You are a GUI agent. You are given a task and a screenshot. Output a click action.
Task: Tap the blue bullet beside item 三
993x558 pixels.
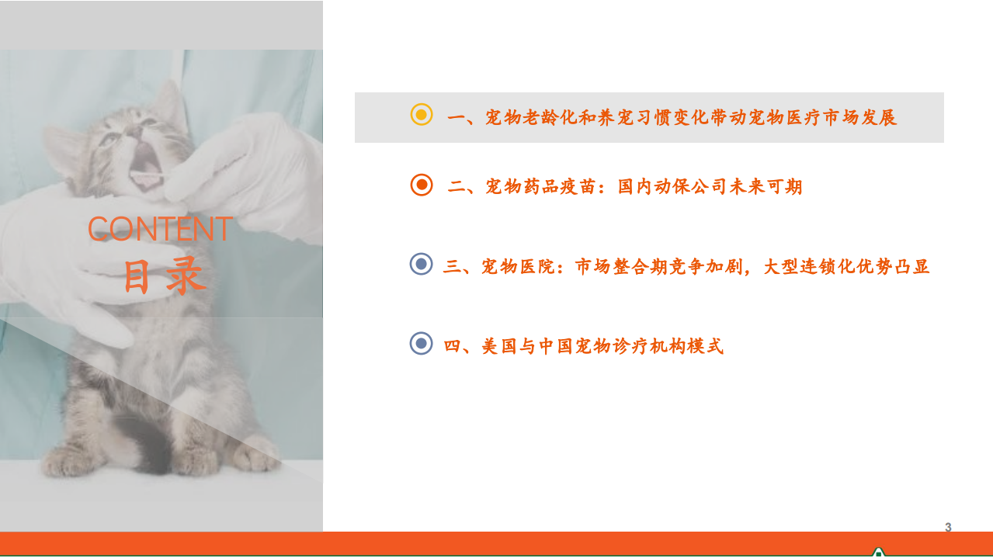(x=421, y=265)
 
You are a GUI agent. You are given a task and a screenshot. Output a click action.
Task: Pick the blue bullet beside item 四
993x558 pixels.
(x=421, y=343)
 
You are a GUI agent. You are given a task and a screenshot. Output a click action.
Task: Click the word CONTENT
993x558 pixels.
(x=160, y=229)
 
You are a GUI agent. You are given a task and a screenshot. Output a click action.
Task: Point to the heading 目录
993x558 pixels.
(x=165, y=276)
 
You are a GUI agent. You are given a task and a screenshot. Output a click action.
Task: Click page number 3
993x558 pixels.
(x=948, y=528)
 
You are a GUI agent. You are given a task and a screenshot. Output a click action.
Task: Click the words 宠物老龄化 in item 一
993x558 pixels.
(x=531, y=118)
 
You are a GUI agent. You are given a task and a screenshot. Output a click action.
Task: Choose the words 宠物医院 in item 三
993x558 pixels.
(x=519, y=267)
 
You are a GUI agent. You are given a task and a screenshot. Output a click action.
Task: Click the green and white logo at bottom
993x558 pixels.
(x=878, y=552)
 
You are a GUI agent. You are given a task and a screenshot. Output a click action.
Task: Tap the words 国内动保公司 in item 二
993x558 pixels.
(x=672, y=187)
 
